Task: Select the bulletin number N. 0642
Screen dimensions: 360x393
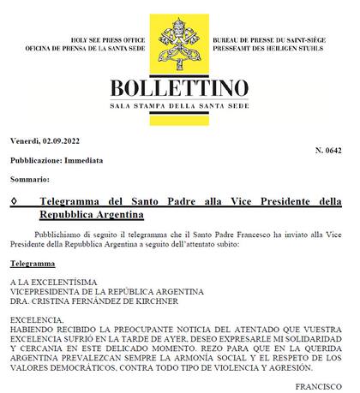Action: pos(327,150)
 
